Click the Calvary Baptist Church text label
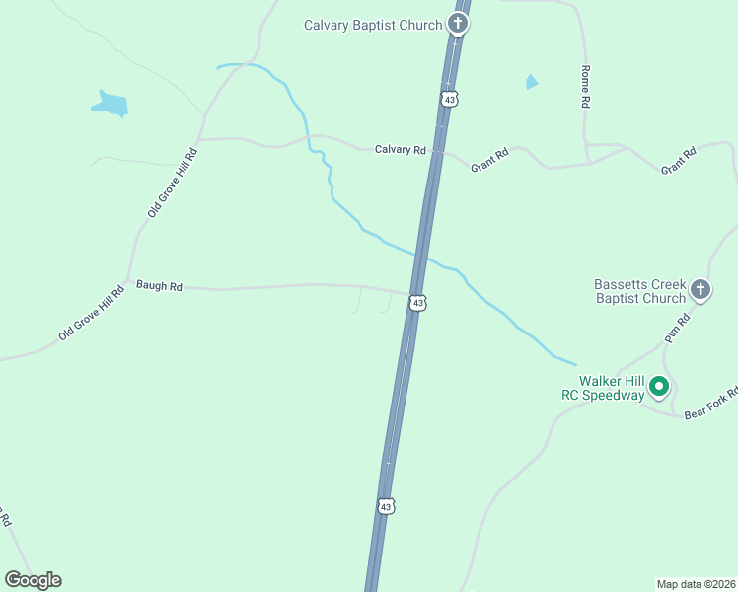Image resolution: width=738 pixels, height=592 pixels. [372, 25]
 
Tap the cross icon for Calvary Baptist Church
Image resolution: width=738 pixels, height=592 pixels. [457, 24]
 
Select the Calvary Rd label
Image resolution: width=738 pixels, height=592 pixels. [400, 150]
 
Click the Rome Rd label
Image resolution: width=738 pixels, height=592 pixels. [585, 87]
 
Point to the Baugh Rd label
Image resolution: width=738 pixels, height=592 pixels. [160, 286]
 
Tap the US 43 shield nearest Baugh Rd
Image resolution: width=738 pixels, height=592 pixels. [418, 303]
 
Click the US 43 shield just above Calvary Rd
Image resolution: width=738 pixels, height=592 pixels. [449, 100]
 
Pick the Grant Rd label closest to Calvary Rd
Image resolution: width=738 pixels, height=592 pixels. [489, 160]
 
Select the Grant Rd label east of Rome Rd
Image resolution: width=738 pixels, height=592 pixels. [679, 161]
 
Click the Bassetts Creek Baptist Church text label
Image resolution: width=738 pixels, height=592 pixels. [639, 291]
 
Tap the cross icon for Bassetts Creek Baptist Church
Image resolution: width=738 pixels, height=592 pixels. [701, 290]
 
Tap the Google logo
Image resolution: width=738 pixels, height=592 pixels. [33, 580]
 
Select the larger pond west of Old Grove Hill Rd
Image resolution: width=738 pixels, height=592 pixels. [111, 104]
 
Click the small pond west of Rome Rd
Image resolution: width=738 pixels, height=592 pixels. [532, 82]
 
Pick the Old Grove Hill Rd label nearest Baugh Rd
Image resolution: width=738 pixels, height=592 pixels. [93, 313]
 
